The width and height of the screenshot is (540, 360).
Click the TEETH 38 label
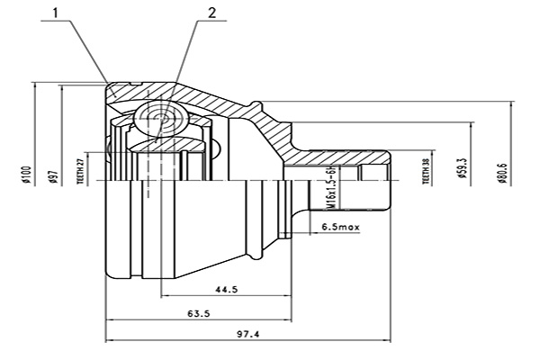[426, 170]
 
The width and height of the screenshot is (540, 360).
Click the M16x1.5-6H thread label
[332, 190]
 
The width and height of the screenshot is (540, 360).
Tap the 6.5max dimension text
[340, 228]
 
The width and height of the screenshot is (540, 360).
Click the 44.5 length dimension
[227, 289]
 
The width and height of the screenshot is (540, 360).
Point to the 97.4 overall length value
[248, 335]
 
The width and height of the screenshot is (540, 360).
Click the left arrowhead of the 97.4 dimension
[110, 341]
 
